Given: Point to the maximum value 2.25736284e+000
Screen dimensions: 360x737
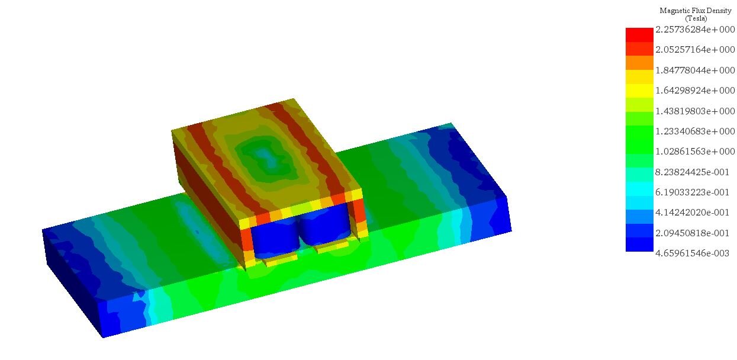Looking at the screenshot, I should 695,30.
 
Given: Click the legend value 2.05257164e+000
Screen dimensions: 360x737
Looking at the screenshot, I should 695,50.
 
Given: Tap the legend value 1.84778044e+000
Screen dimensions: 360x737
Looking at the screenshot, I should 695,70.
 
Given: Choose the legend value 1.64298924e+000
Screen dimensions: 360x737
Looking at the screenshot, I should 695,91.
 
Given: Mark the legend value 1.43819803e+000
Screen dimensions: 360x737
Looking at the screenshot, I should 695,111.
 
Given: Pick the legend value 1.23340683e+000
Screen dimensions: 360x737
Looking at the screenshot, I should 695,131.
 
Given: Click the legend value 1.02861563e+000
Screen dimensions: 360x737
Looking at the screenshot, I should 695,152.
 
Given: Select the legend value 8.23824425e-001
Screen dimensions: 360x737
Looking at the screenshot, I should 695,172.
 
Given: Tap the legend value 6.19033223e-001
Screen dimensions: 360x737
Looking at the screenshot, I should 695,192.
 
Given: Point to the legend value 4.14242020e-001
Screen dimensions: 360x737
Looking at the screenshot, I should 695,213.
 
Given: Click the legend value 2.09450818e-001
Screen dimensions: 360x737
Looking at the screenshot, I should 695,233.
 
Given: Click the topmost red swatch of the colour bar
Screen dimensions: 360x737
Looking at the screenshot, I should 639,34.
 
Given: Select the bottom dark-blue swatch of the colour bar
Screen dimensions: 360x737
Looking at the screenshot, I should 639,245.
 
